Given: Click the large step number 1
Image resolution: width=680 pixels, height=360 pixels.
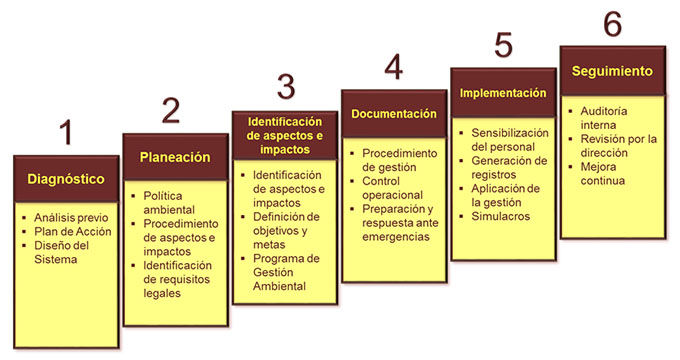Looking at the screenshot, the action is (66, 132).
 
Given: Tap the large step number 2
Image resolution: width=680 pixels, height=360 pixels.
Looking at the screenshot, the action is (171, 110).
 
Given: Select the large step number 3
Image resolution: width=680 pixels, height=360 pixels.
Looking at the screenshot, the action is (286, 87).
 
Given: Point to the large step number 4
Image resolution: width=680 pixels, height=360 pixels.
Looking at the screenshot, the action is (394, 67).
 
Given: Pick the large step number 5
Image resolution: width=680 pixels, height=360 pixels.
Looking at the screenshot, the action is (503, 45).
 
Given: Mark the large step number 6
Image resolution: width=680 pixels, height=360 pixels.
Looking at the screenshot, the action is (613, 23).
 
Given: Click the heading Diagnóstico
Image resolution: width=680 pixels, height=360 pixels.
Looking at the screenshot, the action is (66, 179).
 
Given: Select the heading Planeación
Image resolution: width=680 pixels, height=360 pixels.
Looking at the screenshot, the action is (175, 157).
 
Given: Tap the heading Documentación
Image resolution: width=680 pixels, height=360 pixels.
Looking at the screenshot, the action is (394, 114).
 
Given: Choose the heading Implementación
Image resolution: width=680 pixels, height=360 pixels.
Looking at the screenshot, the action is (503, 93).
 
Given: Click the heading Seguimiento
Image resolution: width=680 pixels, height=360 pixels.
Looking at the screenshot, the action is (612, 71).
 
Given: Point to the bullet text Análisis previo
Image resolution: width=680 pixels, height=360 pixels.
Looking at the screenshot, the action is (71, 217).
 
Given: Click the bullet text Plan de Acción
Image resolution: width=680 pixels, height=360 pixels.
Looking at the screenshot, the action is (73, 231).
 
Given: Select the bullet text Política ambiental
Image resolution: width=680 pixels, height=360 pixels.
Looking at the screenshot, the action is (169, 203).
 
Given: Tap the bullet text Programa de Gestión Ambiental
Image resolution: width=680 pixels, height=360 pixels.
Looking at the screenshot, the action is (286, 272).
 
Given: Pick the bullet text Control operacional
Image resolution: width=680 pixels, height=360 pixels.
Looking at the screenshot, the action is (392, 188).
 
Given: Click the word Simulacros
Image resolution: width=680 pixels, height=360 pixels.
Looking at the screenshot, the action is (500, 216).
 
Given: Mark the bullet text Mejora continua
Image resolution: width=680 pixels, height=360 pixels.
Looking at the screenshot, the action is (603, 173).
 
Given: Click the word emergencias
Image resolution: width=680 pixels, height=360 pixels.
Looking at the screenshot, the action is (396, 237).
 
